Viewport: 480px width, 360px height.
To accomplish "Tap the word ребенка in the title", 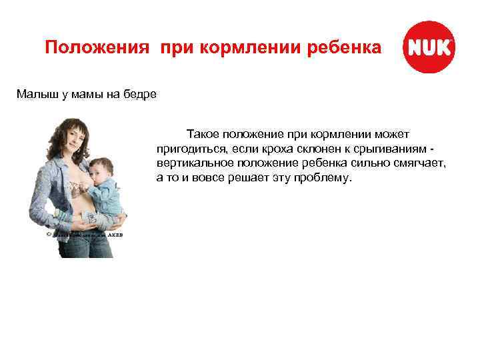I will (x=349, y=49).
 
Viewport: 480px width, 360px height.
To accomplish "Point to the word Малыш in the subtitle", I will (x=33, y=95).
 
